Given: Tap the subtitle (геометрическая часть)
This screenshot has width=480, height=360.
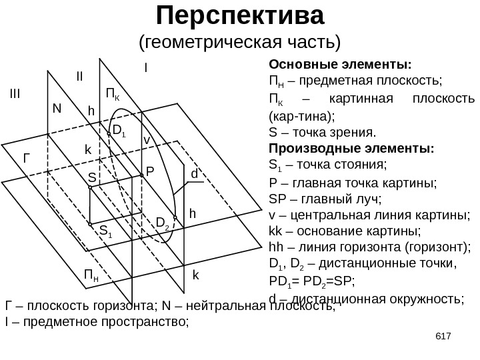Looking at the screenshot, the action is [239, 43].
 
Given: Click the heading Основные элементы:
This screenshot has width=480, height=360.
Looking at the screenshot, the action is [340, 65].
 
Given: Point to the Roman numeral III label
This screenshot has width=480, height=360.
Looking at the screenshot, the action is [15, 94].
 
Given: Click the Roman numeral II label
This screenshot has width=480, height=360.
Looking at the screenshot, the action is [79, 77].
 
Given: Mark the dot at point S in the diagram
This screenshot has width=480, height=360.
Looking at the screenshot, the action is [91, 189].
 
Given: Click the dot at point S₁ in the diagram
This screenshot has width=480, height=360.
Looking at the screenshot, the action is [91, 225].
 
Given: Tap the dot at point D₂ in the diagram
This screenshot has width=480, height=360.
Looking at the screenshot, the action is [175, 218].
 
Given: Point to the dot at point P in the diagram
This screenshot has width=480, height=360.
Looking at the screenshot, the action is [141, 175].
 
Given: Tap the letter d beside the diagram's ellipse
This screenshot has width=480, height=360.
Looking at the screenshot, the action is [195, 175].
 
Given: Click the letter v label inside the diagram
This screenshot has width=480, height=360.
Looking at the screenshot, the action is [147, 141].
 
